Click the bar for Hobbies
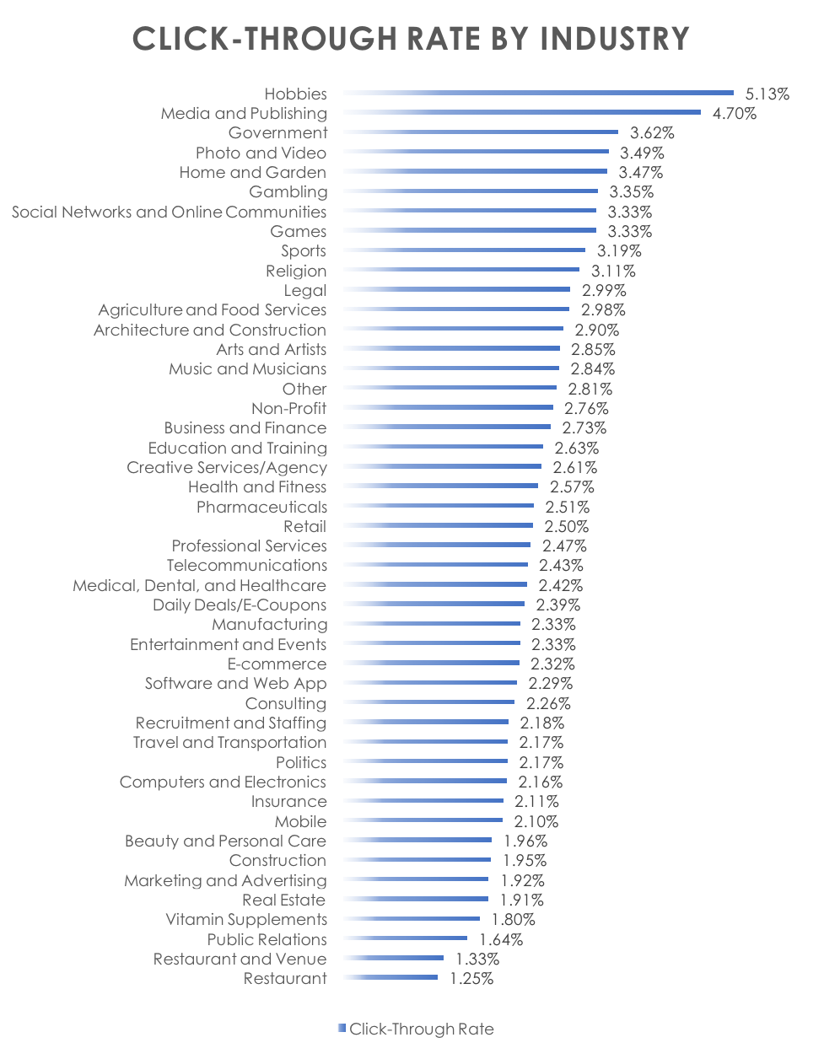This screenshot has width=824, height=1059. pos(540,93)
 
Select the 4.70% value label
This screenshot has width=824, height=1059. pos(734,114)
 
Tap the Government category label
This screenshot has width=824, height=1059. pos(277,133)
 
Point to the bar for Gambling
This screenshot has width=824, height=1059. pos(472,191)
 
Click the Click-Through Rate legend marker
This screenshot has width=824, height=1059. pos(342,1028)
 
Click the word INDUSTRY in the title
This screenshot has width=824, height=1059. pos(615,39)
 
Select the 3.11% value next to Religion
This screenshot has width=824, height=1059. pos(613,271)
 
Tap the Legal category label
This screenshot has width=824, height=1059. pos(304,291)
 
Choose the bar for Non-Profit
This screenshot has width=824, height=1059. pos(450,407)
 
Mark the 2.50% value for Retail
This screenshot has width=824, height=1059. pos(566,527)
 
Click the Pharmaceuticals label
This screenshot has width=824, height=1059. pos(261,508)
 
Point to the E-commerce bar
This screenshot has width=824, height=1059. pos(432,664)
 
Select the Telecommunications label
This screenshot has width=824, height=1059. pos(246,566)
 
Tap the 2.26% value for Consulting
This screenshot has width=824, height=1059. pos(548,704)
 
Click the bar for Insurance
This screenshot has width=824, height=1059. pos(424,801)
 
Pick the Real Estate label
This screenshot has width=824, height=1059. pos(283,900)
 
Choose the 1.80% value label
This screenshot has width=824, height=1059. pos(513,920)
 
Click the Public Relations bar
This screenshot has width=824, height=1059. pos(407,938)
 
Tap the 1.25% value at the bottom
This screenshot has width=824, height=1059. pos(471,979)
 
